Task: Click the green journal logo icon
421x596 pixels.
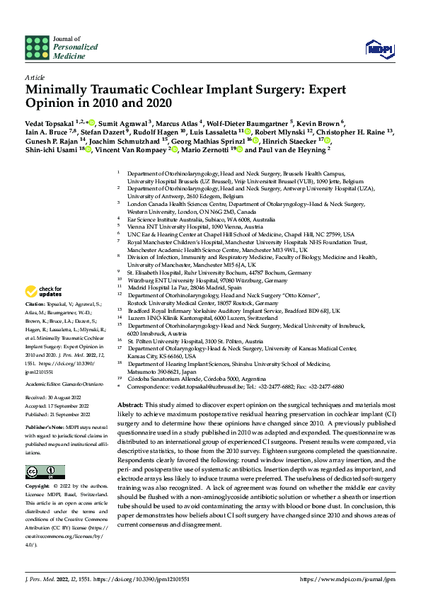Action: [x=36, y=47]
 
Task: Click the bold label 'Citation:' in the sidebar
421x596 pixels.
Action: [x=37, y=303]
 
